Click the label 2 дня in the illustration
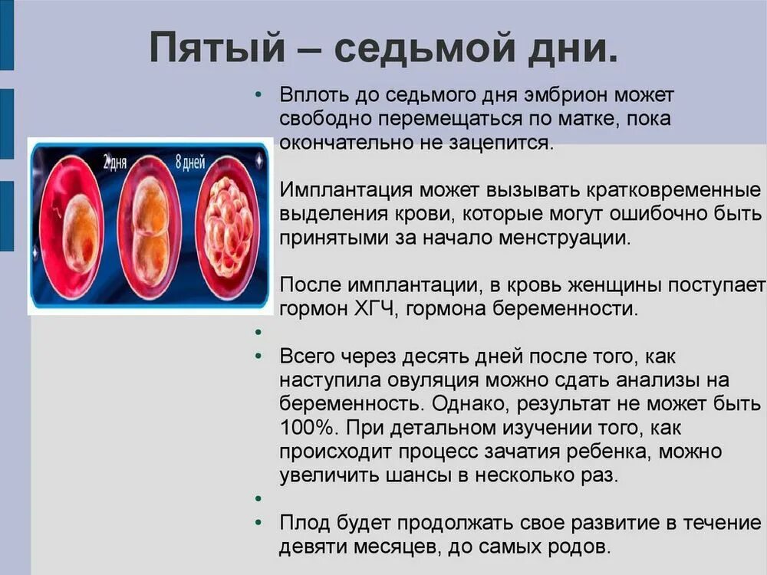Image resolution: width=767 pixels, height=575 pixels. (x=117, y=162)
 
